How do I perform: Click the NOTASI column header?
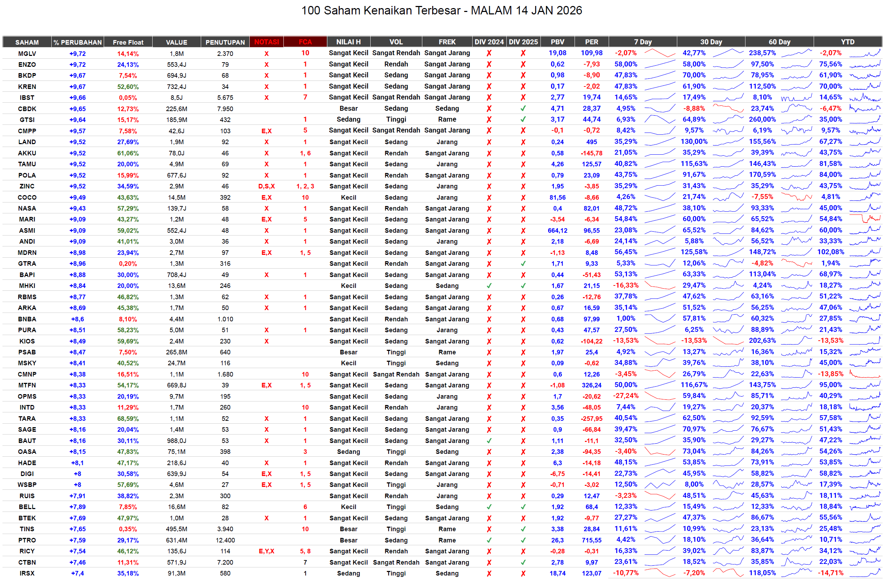coord(267,42)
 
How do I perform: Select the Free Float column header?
coord(128,42)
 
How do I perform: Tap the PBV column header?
coord(557,42)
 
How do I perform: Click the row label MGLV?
coord(27,53)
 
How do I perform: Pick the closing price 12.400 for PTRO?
coord(225,540)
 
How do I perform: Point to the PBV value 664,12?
coord(557,231)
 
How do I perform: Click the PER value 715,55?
coord(591,540)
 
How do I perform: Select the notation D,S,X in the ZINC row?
coord(267,186)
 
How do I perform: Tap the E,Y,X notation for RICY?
coord(267,551)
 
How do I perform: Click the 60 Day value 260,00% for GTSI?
coord(762,120)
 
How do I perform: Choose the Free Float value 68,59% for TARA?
coord(128,419)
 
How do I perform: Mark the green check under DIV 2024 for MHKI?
coord(489,286)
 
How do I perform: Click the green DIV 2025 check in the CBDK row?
coord(523,109)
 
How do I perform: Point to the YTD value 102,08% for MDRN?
coord(830,252)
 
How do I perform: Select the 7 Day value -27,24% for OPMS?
coord(626,396)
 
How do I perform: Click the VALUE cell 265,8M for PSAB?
coord(177,352)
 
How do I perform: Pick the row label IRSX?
coord(27,573)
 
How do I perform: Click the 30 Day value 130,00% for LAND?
coord(694,142)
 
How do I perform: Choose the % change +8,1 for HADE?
coord(77,463)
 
